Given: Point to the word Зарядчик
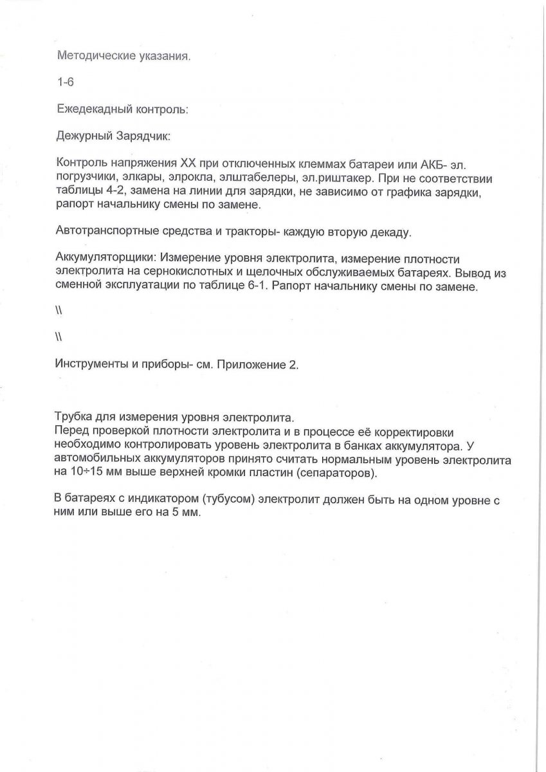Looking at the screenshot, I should [x=143, y=137].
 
